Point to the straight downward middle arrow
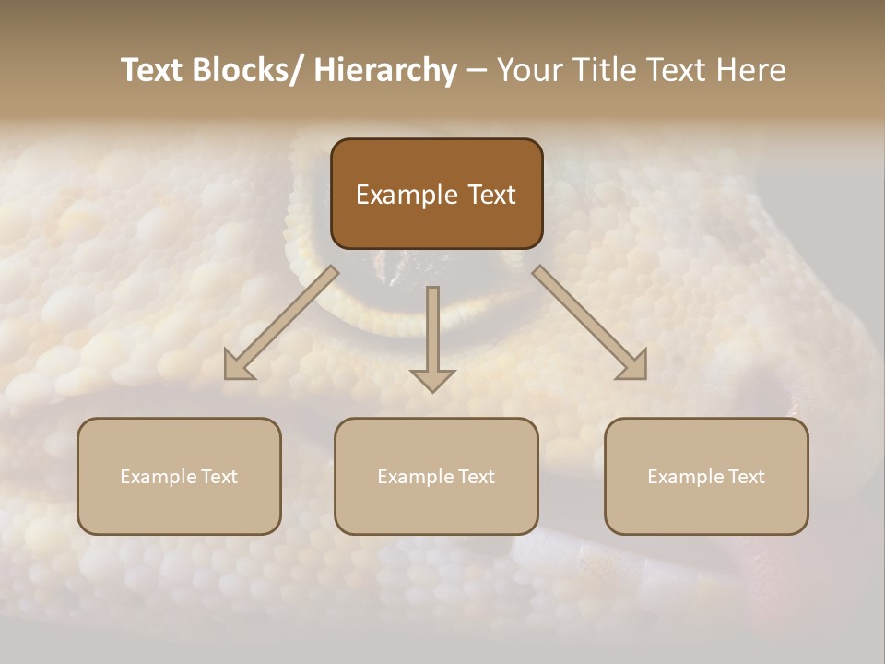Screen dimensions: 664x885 coord(432,337)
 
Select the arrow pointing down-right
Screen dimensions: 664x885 coord(590,322)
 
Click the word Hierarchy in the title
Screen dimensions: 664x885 coord(385,70)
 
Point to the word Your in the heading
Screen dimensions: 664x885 coord(527,70)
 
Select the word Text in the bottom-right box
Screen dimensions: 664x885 coord(745,477)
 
